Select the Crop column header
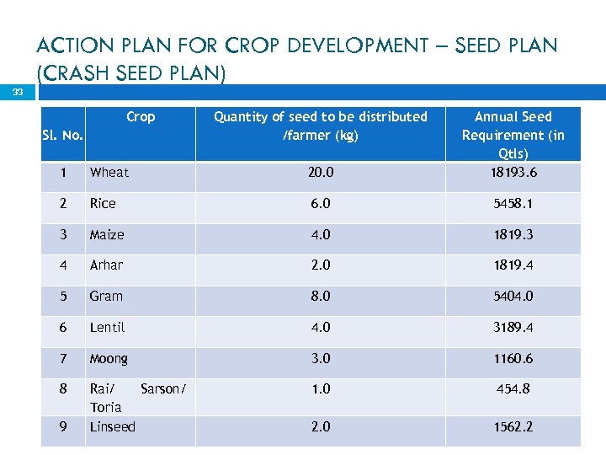[x=141, y=117]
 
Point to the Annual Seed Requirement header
[x=513, y=135]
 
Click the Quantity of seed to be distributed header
[x=320, y=126]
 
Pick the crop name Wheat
[x=109, y=173]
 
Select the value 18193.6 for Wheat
[x=513, y=173]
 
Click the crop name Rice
[x=103, y=203]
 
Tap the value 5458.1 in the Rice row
[x=513, y=203]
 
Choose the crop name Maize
[x=107, y=234]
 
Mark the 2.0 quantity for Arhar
[x=320, y=265]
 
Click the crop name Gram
[x=106, y=296]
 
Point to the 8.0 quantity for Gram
[x=320, y=296]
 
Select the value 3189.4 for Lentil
[x=513, y=327]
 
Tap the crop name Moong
[x=109, y=358]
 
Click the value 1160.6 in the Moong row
[x=513, y=358]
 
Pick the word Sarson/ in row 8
[x=163, y=388]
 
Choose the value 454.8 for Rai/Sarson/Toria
[x=513, y=388]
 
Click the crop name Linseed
[x=112, y=426]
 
